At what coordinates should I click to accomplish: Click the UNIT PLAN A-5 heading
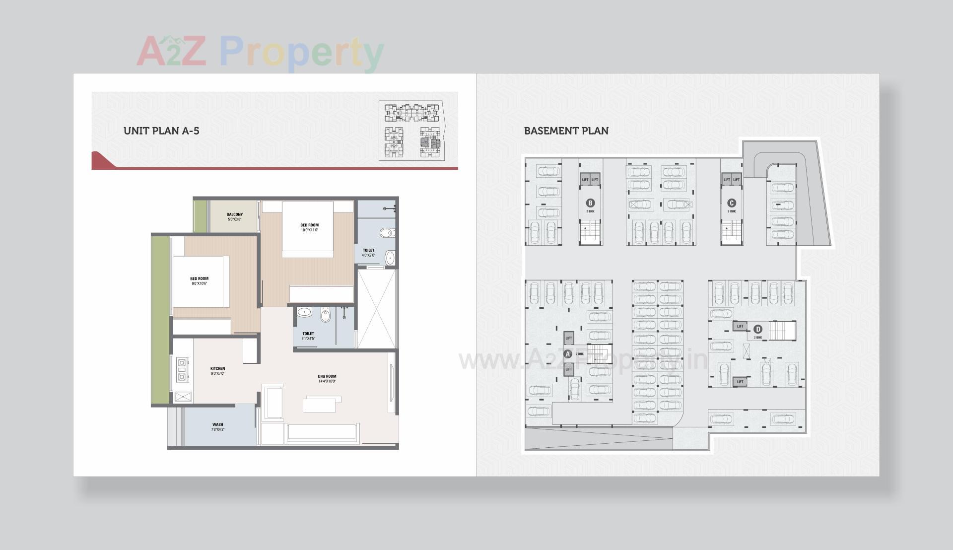(161, 131)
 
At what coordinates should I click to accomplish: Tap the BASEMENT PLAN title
(566, 131)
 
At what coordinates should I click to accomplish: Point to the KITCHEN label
(217, 371)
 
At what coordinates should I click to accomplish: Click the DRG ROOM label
(327, 379)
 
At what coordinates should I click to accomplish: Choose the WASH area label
(217, 426)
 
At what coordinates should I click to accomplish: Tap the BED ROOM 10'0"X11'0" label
(309, 227)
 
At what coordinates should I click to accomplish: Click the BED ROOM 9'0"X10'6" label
(199, 281)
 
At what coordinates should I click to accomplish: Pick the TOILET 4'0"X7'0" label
(368, 253)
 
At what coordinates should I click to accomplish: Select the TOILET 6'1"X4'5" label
(308, 336)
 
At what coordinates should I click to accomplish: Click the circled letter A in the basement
(568, 354)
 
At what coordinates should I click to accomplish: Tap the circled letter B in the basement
(590, 203)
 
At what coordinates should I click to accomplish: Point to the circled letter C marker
(731, 203)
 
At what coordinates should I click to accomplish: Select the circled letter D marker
(757, 329)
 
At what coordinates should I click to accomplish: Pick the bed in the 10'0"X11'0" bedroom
(308, 228)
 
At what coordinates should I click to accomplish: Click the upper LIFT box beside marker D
(740, 326)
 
